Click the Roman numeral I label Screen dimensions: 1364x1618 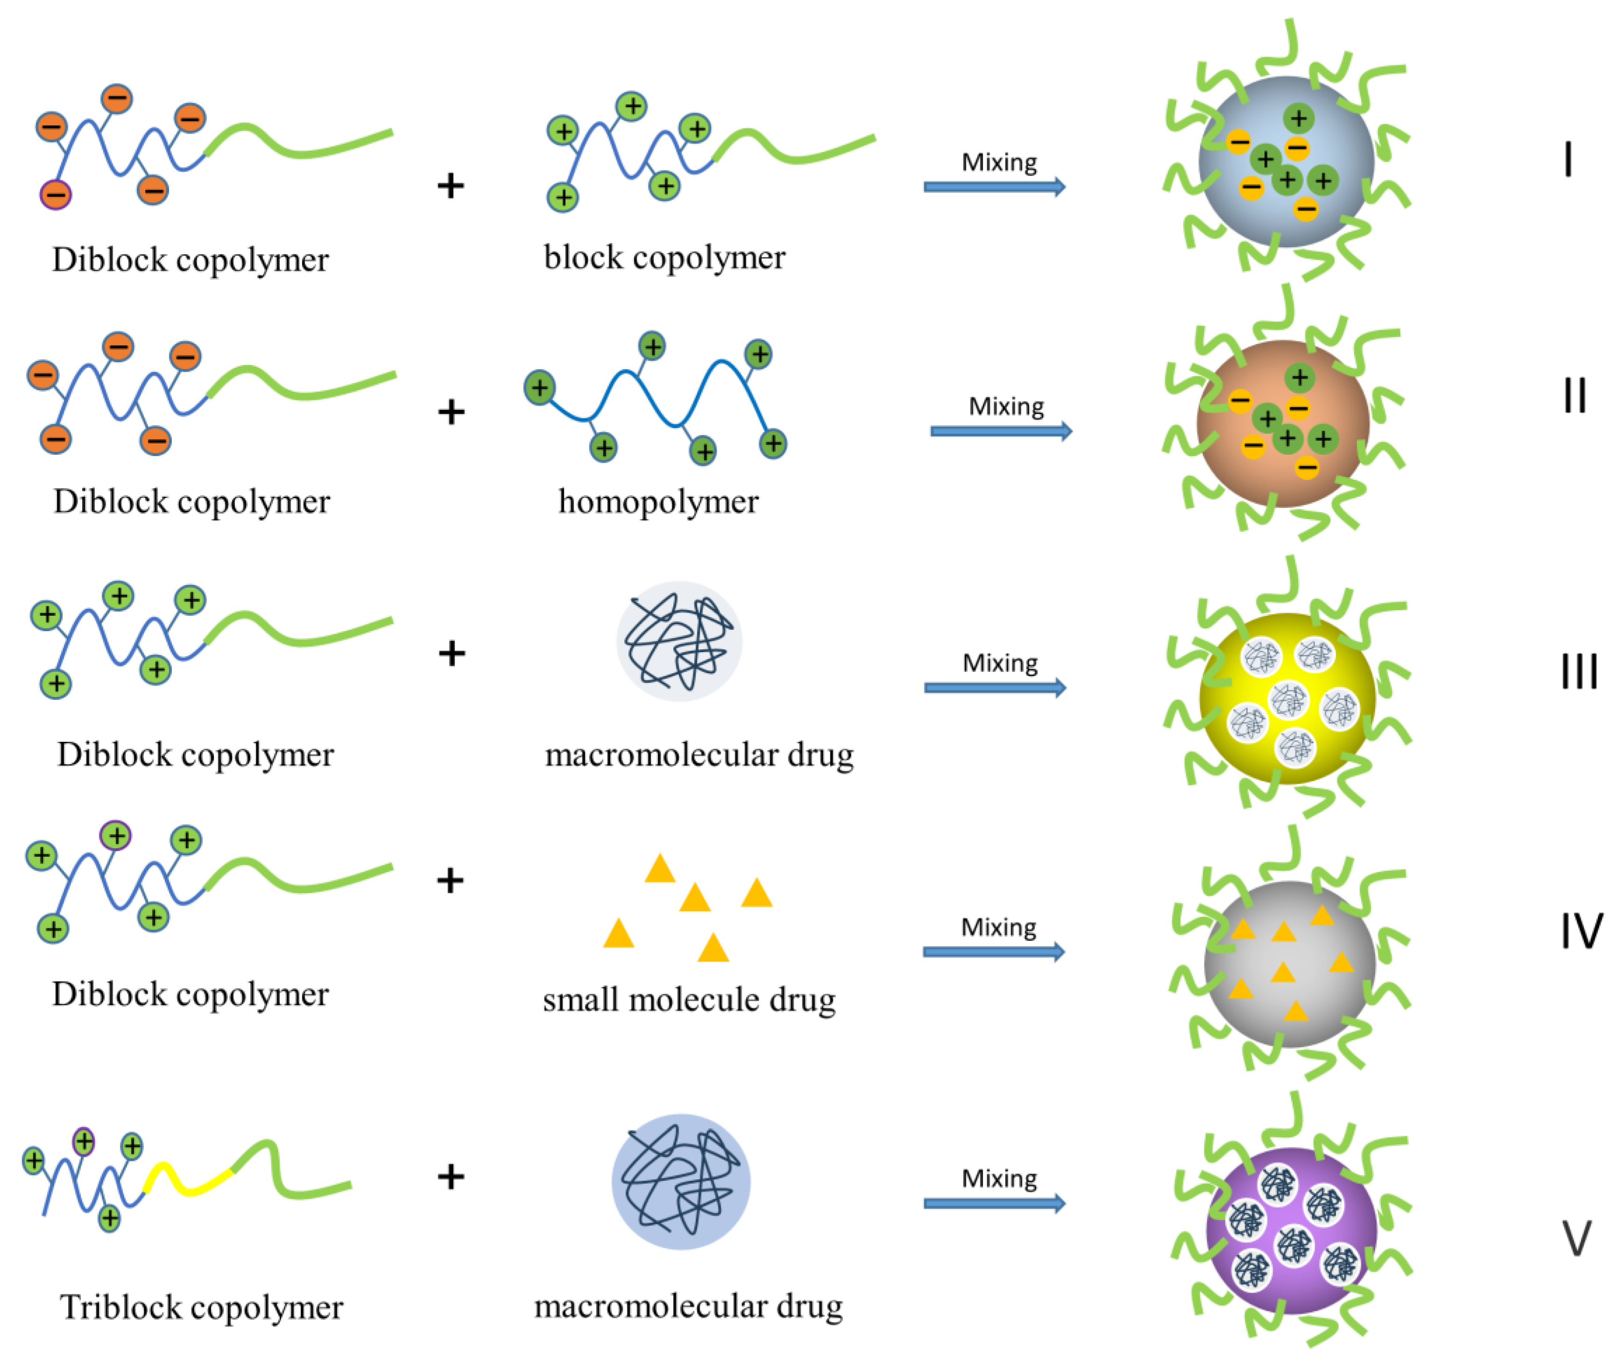click(1567, 160)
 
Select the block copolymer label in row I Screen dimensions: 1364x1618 click(664, 258)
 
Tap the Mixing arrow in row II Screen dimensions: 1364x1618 click(1001, 431)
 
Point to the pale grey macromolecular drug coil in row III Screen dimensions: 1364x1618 click(679, 641)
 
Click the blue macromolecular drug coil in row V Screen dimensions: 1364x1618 click(680, 1181)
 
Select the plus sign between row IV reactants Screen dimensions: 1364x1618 click(450, 880)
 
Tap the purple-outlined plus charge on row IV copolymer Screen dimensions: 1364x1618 click(116, 835)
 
